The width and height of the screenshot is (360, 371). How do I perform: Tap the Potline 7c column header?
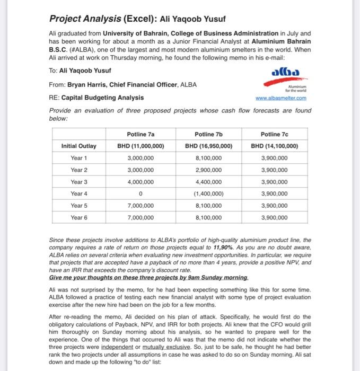point(275,135)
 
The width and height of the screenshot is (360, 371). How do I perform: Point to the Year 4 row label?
point(79,193)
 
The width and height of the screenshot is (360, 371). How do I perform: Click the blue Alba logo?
point(287,72)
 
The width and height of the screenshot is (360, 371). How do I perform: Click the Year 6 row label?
point(79,217)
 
